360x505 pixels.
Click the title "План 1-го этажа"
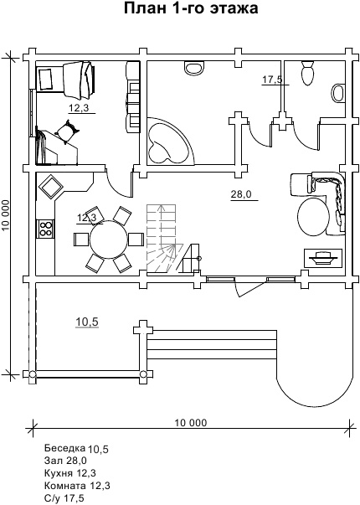191,8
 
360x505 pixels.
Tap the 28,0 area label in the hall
241,194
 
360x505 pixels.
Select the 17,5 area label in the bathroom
272,80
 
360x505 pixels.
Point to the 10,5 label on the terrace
87,322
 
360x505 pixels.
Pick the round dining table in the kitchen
109,239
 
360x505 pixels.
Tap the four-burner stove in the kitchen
46,229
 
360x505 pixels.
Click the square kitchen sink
52,186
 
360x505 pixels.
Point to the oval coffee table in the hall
312,217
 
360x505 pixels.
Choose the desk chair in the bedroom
67,131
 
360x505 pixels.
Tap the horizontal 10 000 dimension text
191,422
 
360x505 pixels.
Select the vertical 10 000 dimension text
7,215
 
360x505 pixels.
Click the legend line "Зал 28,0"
65,461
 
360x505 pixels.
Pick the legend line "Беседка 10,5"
77,449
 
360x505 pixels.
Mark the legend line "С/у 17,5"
64,498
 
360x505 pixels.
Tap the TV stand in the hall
323,257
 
